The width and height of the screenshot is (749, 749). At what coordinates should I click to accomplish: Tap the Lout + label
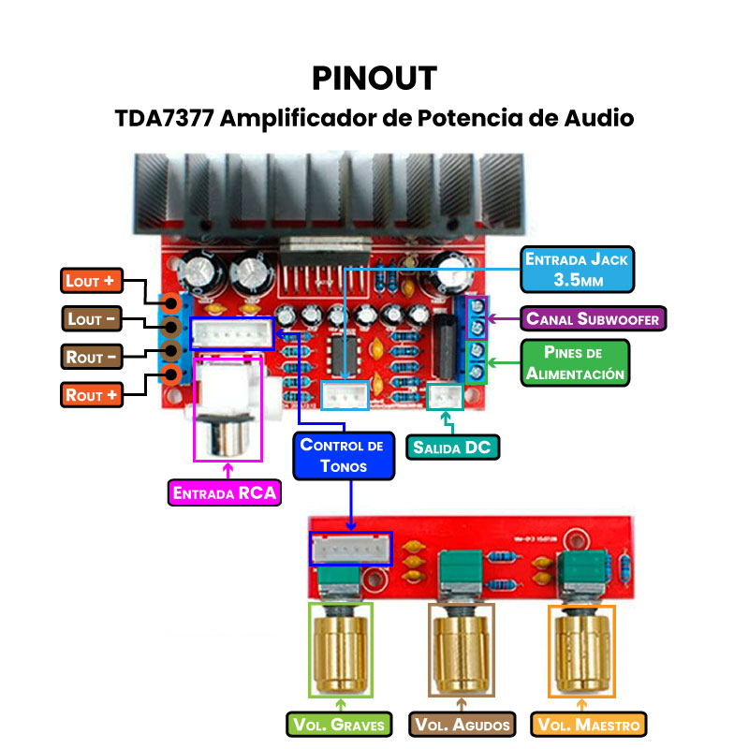[93, 280]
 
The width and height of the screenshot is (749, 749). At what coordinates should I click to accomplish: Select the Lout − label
[93, 319]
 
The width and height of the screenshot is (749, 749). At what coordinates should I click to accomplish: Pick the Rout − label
[93, 357]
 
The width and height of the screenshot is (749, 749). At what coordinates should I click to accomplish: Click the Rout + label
[93, 395]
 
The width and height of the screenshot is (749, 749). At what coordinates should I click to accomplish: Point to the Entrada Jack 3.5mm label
[576, 269]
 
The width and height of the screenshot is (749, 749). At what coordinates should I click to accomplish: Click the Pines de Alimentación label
[575, 362]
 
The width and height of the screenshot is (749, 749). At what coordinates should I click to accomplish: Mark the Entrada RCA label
[225, 493]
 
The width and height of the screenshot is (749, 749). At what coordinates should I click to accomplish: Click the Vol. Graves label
[340, 724]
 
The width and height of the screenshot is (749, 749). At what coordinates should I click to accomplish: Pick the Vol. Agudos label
[463, 724]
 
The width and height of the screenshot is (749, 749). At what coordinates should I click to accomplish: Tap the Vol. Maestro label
[588, 724]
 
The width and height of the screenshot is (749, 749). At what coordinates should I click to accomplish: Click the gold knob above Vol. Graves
[341, 649]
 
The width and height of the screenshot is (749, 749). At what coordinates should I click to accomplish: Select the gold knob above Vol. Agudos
[462, 649]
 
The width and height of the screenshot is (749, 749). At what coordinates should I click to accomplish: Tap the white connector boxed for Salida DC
[445, 398]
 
